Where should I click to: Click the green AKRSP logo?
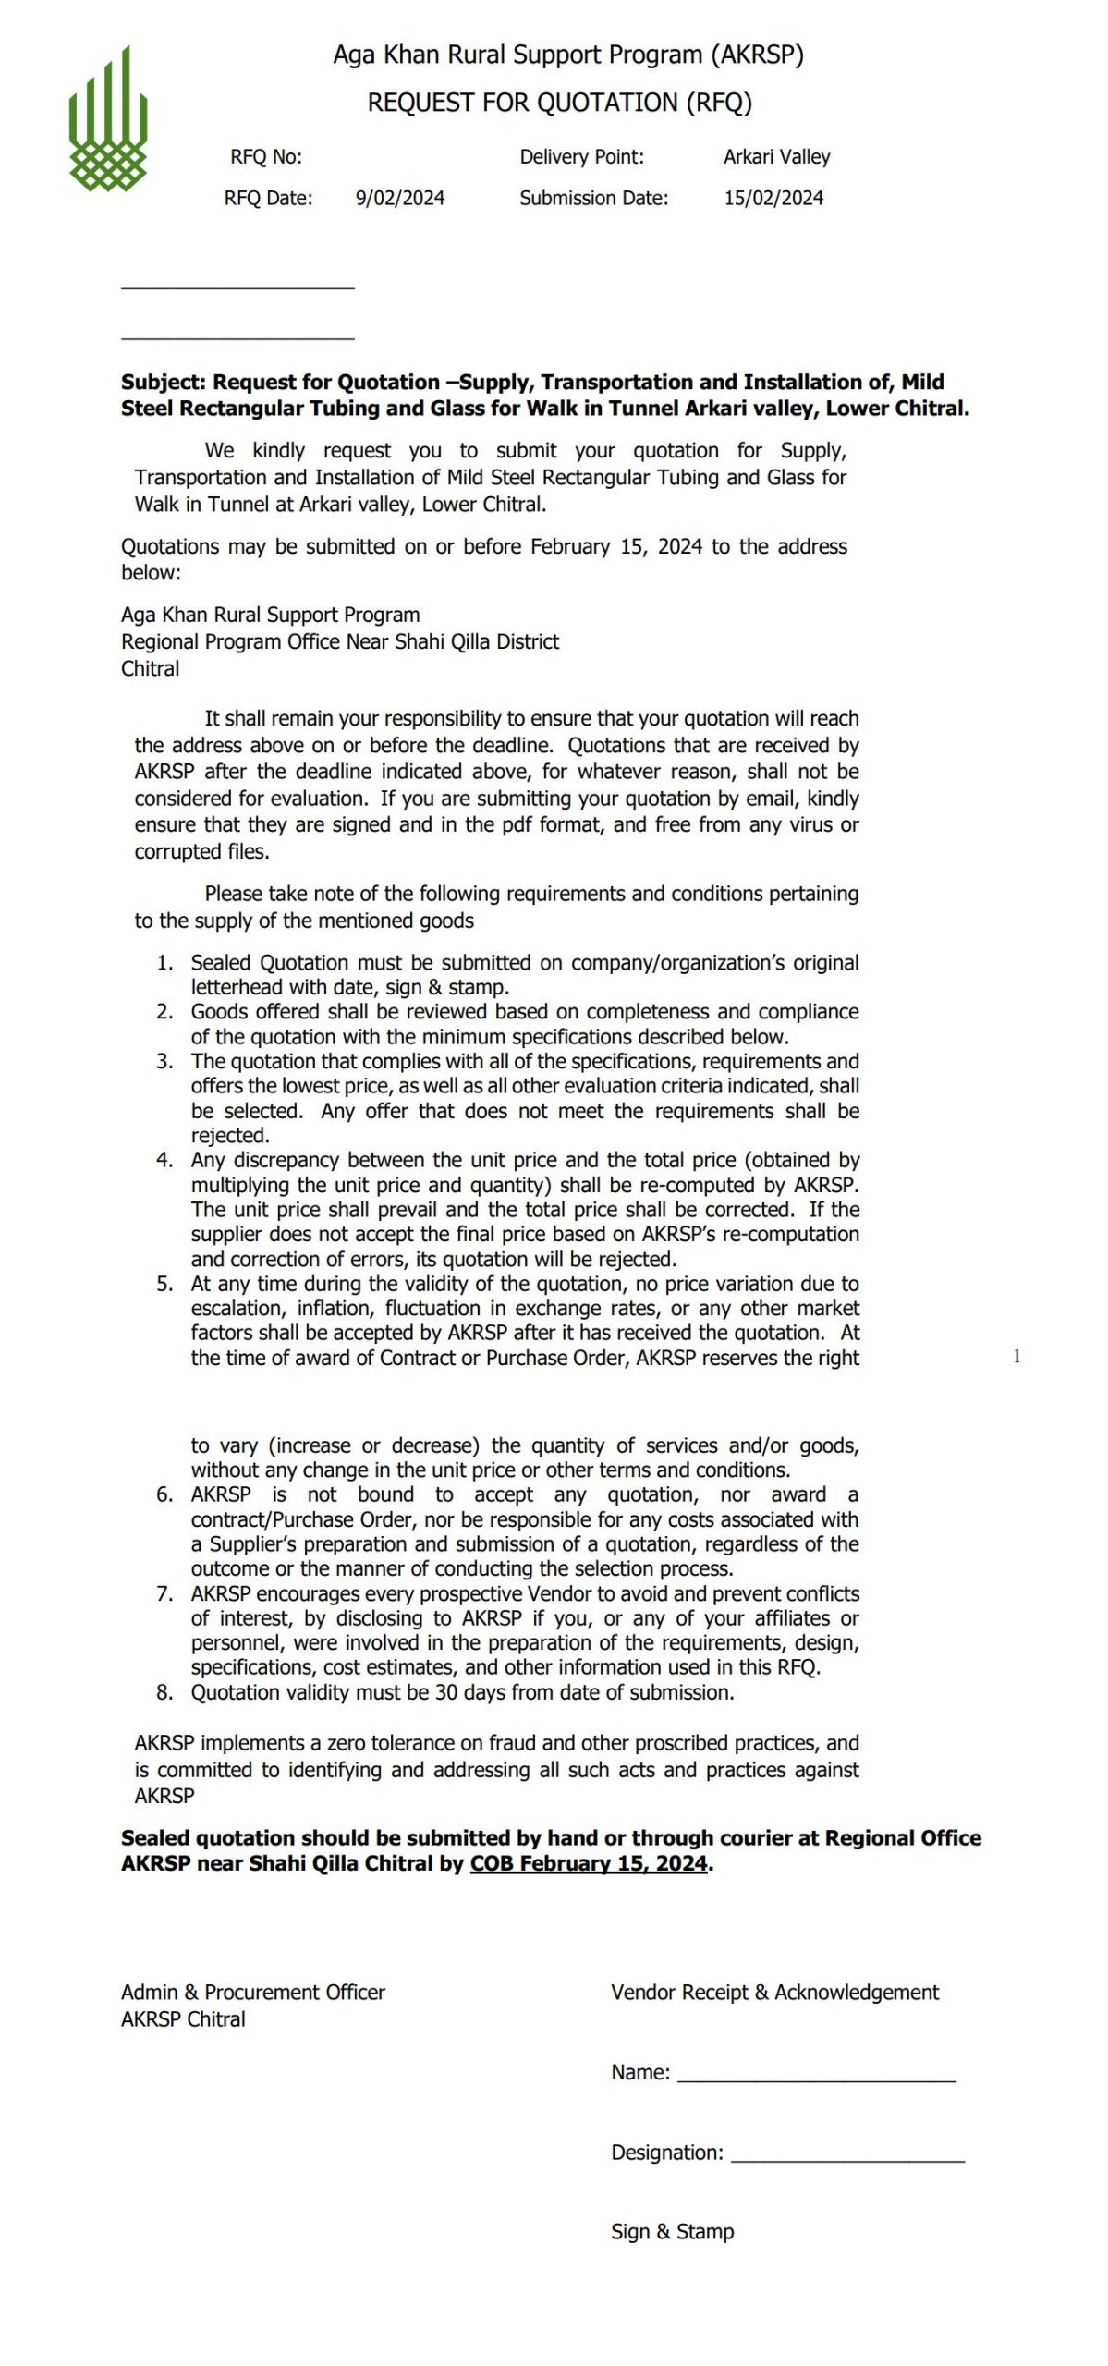click(x=108, y=120)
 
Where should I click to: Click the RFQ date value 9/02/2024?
click(x=399, y=198)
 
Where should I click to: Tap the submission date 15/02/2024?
click(x=773, y=198)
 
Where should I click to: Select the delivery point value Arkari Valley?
click(x=776, y=157)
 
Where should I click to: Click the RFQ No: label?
click(x=266, y=157)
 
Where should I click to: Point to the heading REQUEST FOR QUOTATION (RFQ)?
click(x=559, y=103)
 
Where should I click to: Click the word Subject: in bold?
click(x=164, y=383)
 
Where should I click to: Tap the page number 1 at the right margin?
click(x=1017, y=1357)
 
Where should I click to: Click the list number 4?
click(x=164, y=1160)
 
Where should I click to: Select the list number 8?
click(x=164, y=1692)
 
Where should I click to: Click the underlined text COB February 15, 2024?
click(x=589, y=1864)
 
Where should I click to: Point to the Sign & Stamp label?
click(x=672, y=2232)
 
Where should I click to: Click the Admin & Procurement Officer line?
click(x=252, y=1993)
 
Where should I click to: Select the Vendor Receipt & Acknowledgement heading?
click(x=774, y=1993)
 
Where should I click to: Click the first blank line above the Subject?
click(x=237, y=288)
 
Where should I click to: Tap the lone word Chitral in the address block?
click(x=151, y=669)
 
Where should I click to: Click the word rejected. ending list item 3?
click(x=230, y=1136)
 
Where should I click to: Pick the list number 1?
click(x=164, y=963)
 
